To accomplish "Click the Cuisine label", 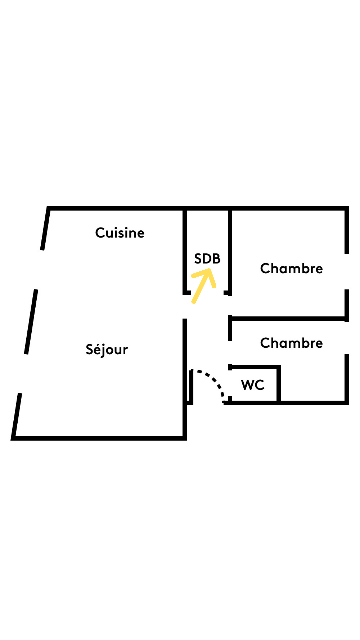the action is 120,233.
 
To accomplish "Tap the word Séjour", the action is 107,349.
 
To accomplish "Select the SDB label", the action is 207,259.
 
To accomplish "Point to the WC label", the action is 253,385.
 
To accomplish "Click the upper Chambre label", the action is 291,268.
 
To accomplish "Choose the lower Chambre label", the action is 291,343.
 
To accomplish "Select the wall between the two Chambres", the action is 289,319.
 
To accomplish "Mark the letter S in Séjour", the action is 90,349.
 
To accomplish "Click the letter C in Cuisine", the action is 100,233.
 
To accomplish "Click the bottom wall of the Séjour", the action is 99,438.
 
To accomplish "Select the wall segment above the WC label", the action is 254,367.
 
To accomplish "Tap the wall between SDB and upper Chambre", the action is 230,252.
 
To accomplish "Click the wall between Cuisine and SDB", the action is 185,251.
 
